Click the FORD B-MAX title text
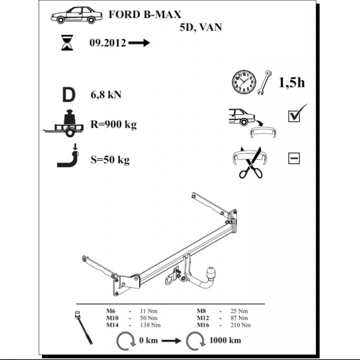pyautogui.click(x=145, y=15)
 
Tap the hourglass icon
pyautogui.click(x=67, y=43)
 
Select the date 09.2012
pyautogui.click(x=108, y=43)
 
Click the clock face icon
pyautogui.click(x=244, y=82)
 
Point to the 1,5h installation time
pyautogui.click(x=292, y=82)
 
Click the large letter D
pyautogui.click(x=69, y=95)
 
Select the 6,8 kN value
pyautogui.click(x=106, y=95)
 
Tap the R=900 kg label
pyautogui.click(x=114, y=125)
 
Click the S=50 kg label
pyautogui.click(x=110, y=160)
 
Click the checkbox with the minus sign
pyautogui.click(x=294, y=158)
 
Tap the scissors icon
pyautogui.click(x=251, y=163)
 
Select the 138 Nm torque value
pyautogui.click(x=150, y=325)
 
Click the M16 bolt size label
pyautogui.click(x=203, y=325)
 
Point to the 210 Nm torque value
pyautogui.click(x=241, y=325)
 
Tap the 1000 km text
pyautogui.click(x=225, y=340)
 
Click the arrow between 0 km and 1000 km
pyautogui.click(x=171, y=341)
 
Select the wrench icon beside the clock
pyautogui.click(x=264, y=83)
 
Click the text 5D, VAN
pyautogui.click(x=200, y=27)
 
